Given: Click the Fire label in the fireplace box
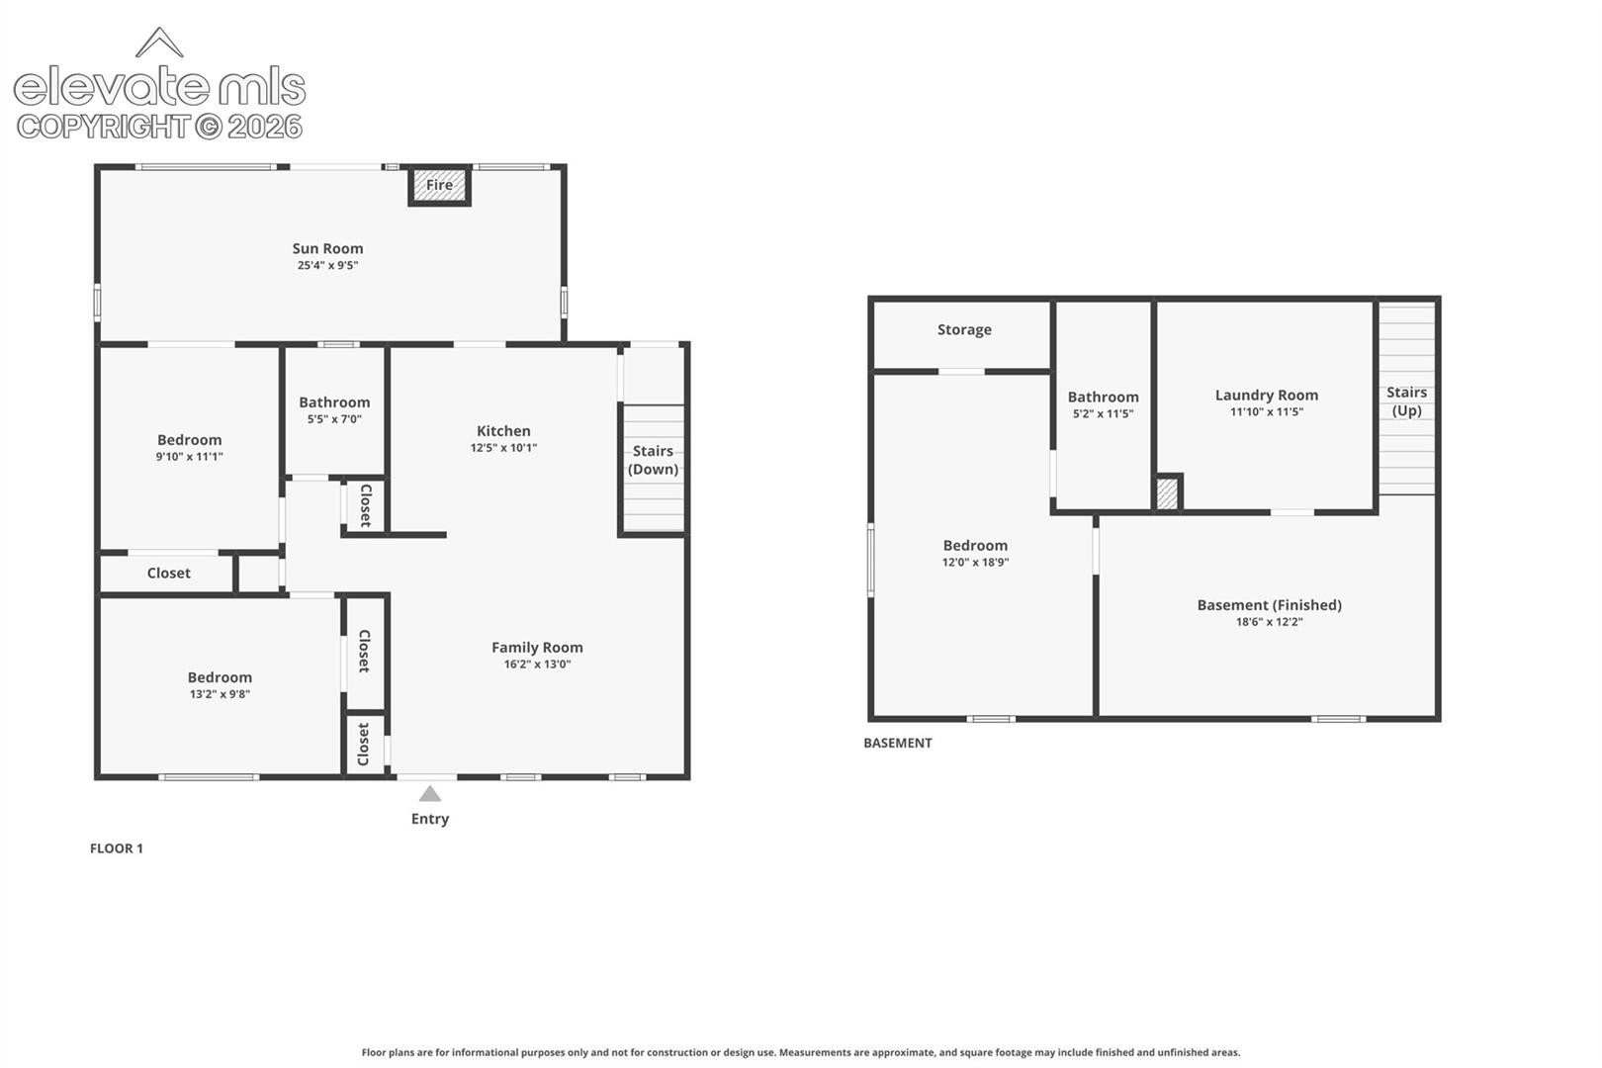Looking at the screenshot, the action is (x=439, y=185).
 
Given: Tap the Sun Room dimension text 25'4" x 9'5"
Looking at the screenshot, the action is (x=327, y=265).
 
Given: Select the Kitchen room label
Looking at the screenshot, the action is (x=503, y=430).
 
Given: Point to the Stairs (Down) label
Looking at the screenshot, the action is (x=653, y=460).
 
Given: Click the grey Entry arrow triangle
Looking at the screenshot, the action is (x=430, y=793).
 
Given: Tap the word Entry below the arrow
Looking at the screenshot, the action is (x=430, y=819).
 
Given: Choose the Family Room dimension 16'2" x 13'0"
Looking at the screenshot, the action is (x=537, y=664).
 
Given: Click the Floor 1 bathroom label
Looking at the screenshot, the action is (x=334, y=402).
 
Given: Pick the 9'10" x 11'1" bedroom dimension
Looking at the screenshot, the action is (x=190, y=457).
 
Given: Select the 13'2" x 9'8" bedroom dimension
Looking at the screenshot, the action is (x=220, y=694).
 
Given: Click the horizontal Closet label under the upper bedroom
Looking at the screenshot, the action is (x=169, y=573).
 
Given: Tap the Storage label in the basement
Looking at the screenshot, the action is (x=964, y=329).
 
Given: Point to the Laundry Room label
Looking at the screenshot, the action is (x=1267, y=395).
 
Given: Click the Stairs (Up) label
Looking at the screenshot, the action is (x=1407, y=401).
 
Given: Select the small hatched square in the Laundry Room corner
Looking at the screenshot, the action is (x=1167, y=493).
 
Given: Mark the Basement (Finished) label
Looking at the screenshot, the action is (x=1270, y=605).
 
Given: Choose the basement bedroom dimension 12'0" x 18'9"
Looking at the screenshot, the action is (x=975, y=563).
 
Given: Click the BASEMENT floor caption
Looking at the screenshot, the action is (x=898, y=743).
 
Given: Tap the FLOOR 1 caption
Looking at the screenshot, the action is (x=117, y=848).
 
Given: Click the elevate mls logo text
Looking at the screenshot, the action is (x=159, y=87).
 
